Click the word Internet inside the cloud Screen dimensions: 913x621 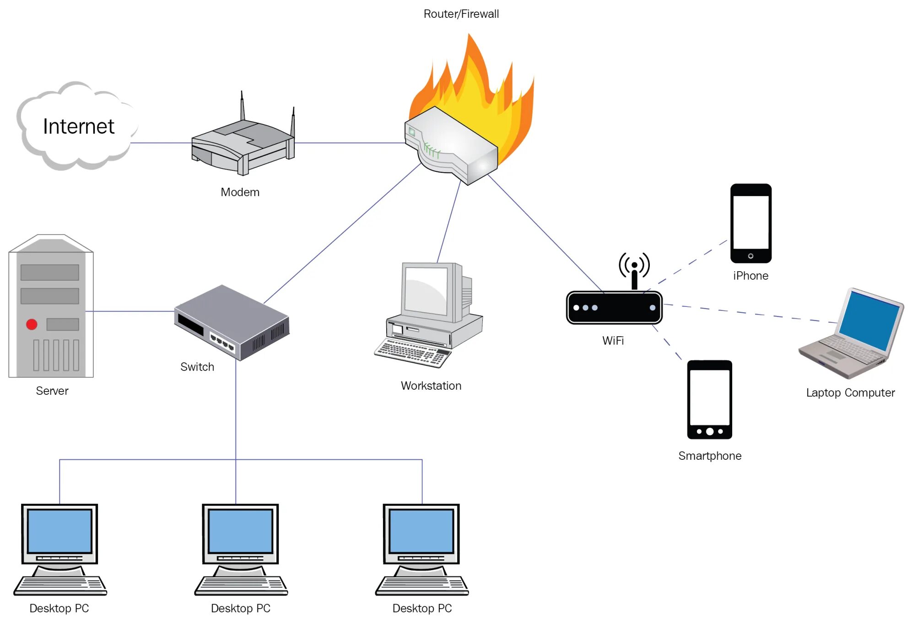[x=78, y=126]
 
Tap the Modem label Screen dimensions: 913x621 [x=240, y=192]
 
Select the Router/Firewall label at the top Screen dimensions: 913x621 [x=461, y=14]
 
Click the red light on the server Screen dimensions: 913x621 [x=32, y=324]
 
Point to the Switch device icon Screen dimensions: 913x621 [x=232, y=322]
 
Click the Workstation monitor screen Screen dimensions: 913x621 [x=426, y=291]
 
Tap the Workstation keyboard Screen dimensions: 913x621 [x=412, y=353]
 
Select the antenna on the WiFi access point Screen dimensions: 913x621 [x=634, y=271]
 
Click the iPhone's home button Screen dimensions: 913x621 [x=751, y=256]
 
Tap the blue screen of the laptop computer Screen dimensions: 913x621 [x=869, y=321]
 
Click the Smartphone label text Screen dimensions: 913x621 [x=710, y=456]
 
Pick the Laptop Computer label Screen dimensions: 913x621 [x=850, y=392]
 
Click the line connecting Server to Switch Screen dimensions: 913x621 [x=130, y=311]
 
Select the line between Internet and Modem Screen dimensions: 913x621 [x=161, y=143]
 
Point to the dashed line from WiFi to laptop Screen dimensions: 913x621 [x=751, y=314]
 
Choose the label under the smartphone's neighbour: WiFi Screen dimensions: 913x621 [x=613, y=341]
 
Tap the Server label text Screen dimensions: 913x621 [x=52, y=391]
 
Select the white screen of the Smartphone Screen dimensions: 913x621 [x=709, y=398]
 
